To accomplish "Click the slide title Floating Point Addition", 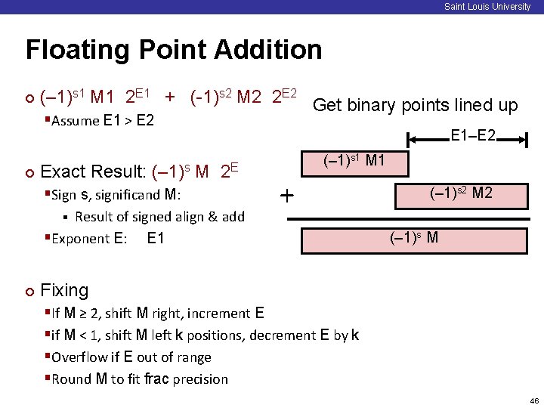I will point(174,51).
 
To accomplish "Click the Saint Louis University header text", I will point(487,7).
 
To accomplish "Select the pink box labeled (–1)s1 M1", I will point(354,162).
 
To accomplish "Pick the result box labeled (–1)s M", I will point(414,240).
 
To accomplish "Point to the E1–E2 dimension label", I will point(473,136).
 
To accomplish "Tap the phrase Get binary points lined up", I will point(415,105).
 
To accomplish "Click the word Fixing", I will point(64,290).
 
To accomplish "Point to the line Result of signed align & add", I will point(159,217).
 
